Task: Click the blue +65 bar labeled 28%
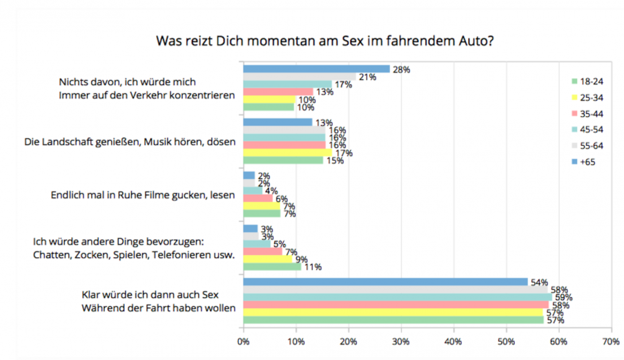coord(316,69)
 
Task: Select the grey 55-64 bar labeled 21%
coord(300,77)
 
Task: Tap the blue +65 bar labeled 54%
coord(385,281)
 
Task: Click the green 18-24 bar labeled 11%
coord(272,266)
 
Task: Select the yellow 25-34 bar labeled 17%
coord(288,153)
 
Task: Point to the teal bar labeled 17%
coord(288,84)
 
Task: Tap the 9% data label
coord(301,260)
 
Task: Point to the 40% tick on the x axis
coord(453,342)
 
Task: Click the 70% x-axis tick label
coord(611,342)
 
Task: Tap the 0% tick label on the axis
coord(243,342)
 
